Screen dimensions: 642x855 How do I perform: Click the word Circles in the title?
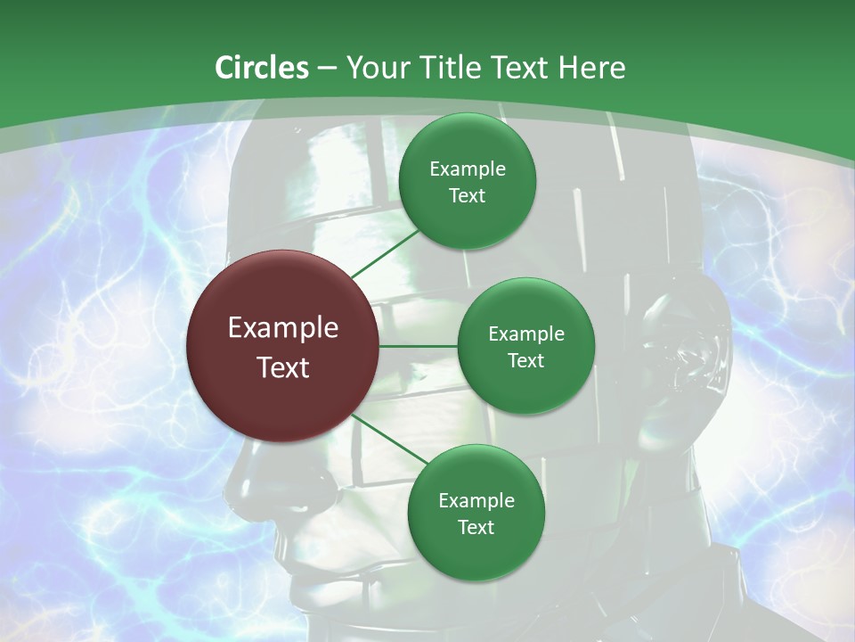(262, 68)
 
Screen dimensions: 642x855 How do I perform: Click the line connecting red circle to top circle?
(385, 253)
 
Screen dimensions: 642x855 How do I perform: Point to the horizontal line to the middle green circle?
(419, 346)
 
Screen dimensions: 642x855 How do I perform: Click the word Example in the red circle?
(283, 328)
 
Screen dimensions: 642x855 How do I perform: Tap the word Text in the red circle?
(283, 367)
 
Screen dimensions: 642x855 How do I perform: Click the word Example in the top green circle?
(467, 169)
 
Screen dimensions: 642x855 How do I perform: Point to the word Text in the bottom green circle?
(476, 527)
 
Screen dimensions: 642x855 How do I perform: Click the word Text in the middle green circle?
(525, 360)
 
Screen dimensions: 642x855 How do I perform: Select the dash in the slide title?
(327, 68)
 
